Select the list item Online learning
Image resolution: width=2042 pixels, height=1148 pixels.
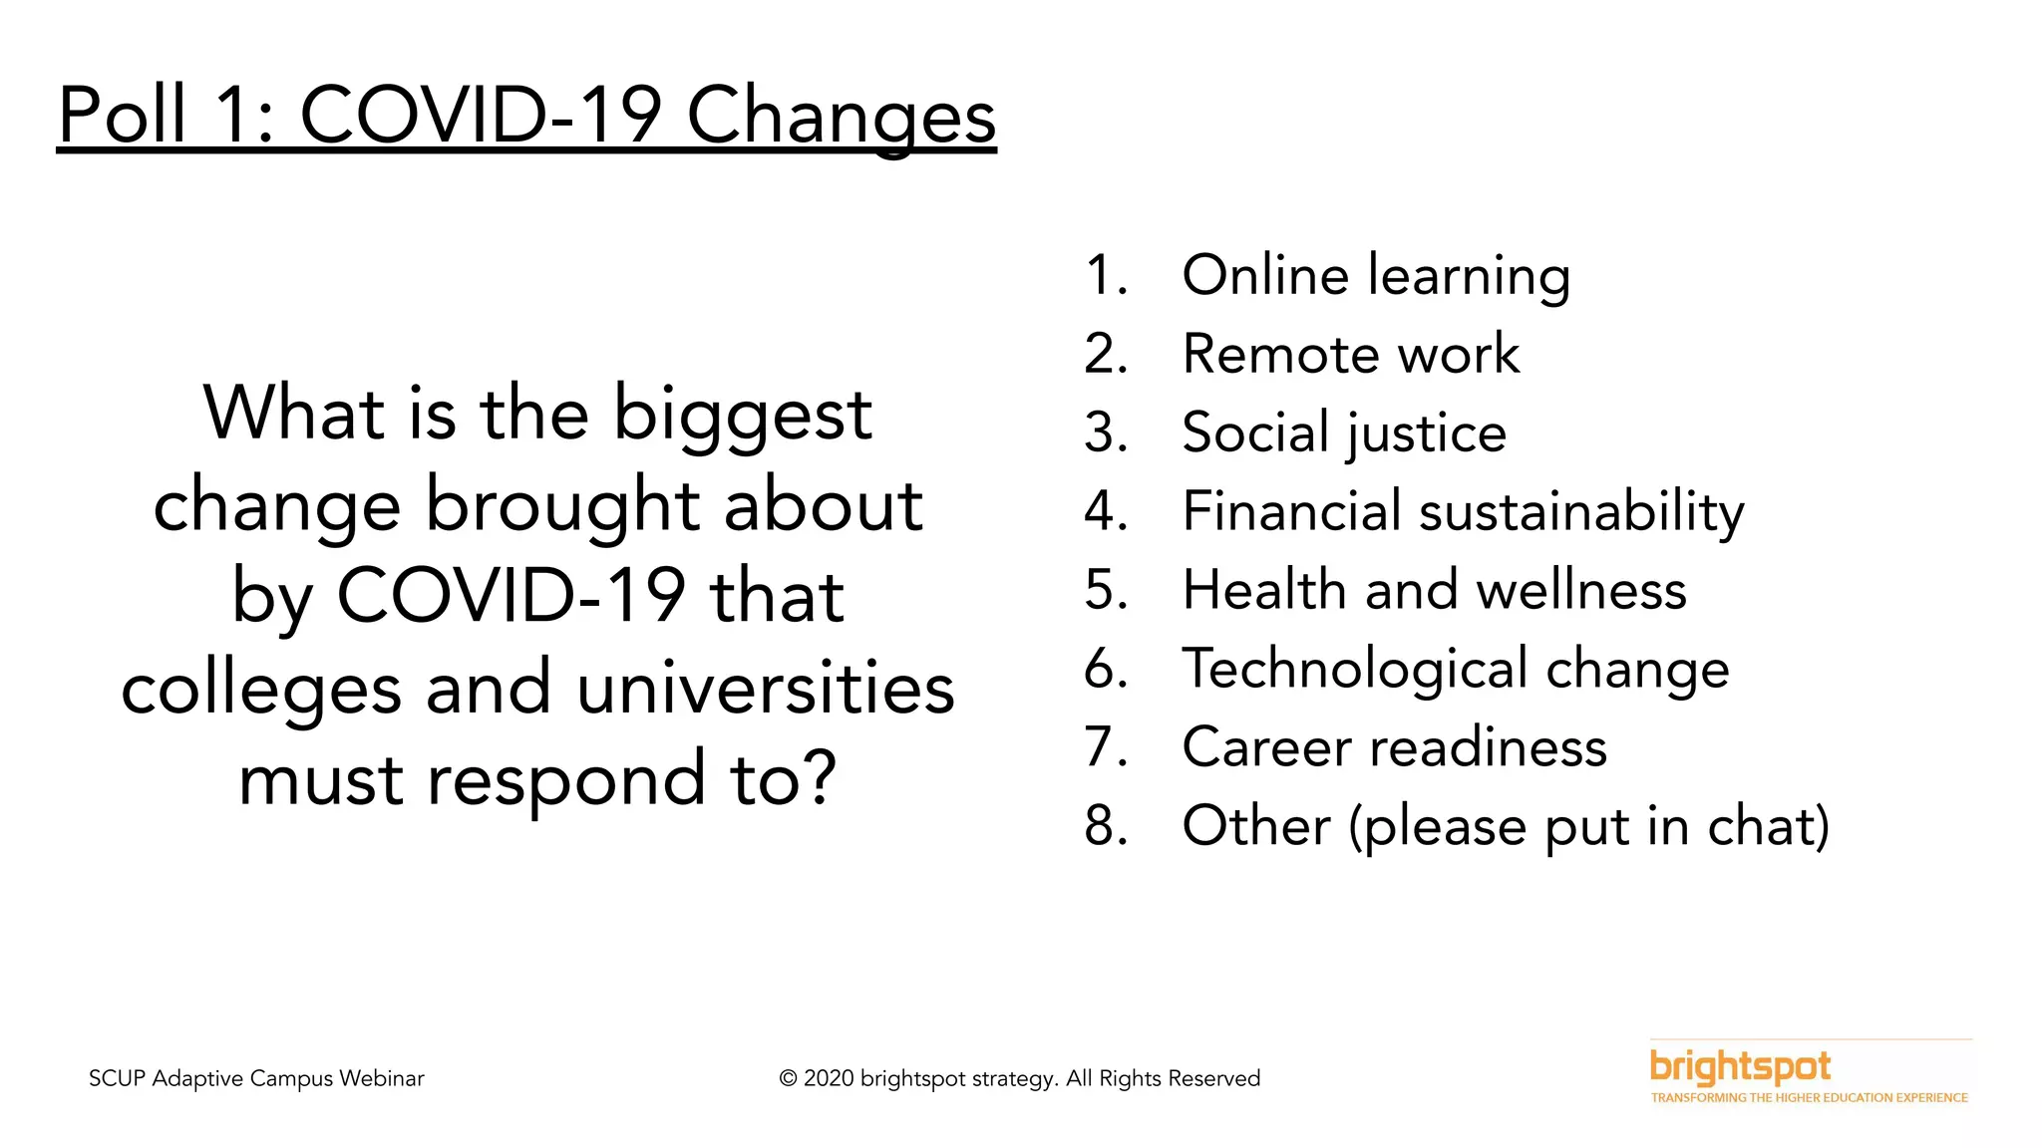pos(1376,275)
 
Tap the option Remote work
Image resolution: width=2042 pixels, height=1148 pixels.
pos(1350,354)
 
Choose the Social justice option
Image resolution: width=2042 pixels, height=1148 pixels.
pos(1343,432)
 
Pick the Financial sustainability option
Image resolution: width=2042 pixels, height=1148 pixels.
pos(1463,511)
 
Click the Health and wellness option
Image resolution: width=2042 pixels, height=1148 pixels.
pos(1434,590)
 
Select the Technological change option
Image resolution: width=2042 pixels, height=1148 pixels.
pos(1455,669)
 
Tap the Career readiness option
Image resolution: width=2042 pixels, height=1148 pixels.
pos(1394,747)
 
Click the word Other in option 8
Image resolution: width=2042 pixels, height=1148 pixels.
pos(1255,826)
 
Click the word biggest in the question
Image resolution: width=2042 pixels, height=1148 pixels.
pos(742,415)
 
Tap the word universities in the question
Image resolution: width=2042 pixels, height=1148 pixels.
pos(765,689)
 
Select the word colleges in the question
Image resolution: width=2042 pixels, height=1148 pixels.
pos(261,689)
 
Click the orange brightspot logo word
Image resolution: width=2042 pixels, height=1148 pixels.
pos(1740,1067)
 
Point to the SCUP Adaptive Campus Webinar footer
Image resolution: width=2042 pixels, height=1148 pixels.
pos(256,1078)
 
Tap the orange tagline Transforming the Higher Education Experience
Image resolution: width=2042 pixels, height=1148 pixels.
pos(1809,1098)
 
